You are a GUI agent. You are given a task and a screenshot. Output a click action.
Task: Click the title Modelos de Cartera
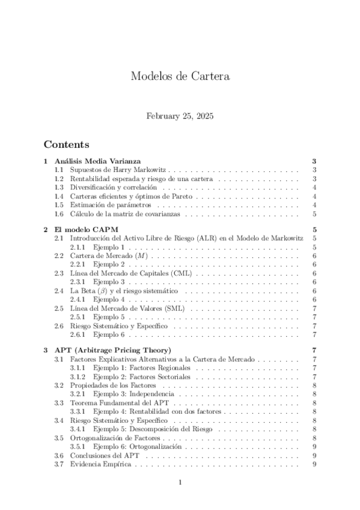click(180, 76)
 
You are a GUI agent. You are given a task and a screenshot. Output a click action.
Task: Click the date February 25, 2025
click(180, 115)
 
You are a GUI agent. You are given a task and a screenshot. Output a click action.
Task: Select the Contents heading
click(66, 145)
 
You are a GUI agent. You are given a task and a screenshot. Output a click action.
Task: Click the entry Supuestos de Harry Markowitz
click(112, 170)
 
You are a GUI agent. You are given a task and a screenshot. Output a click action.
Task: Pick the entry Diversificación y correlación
click(109, 188)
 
